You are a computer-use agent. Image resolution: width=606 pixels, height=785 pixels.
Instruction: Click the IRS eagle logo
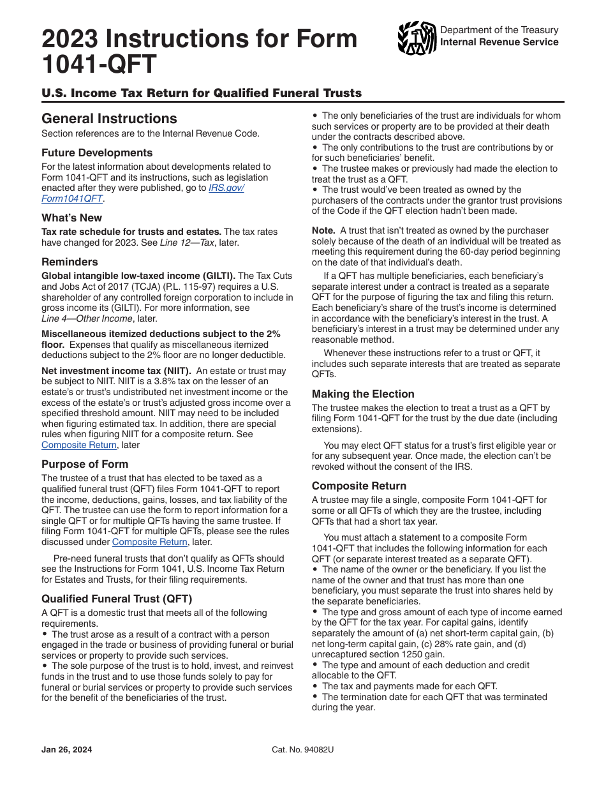[417, 39]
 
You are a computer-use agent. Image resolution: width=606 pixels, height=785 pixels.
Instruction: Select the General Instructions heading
[109, 119]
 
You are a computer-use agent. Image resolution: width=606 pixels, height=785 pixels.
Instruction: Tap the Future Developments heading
[97, 153]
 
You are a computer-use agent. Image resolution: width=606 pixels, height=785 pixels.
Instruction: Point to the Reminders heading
[70, 262]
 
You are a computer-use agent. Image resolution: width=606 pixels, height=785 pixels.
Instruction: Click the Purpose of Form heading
[85, 464]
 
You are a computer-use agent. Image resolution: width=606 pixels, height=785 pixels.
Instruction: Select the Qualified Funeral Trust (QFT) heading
[117, 599]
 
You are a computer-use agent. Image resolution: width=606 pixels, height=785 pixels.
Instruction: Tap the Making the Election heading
[363, 394]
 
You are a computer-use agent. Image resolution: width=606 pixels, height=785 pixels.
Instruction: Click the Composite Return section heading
[359, 486]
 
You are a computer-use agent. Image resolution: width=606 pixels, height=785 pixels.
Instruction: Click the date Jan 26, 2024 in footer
[66, 750]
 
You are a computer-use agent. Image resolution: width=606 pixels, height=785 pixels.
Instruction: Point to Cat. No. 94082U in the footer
[302, 750]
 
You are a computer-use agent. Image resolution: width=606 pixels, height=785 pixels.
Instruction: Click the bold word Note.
[323, 230]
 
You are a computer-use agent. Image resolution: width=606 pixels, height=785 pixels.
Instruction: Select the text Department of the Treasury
[499, 30]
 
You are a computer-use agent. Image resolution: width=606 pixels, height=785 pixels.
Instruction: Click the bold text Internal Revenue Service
[499, 42]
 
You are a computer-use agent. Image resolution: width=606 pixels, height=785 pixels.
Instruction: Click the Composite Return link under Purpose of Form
[150, 542]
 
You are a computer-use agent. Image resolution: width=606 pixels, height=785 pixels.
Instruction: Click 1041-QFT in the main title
[99, 65]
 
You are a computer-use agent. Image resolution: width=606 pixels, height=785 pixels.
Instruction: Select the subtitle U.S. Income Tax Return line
[202, 93]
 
